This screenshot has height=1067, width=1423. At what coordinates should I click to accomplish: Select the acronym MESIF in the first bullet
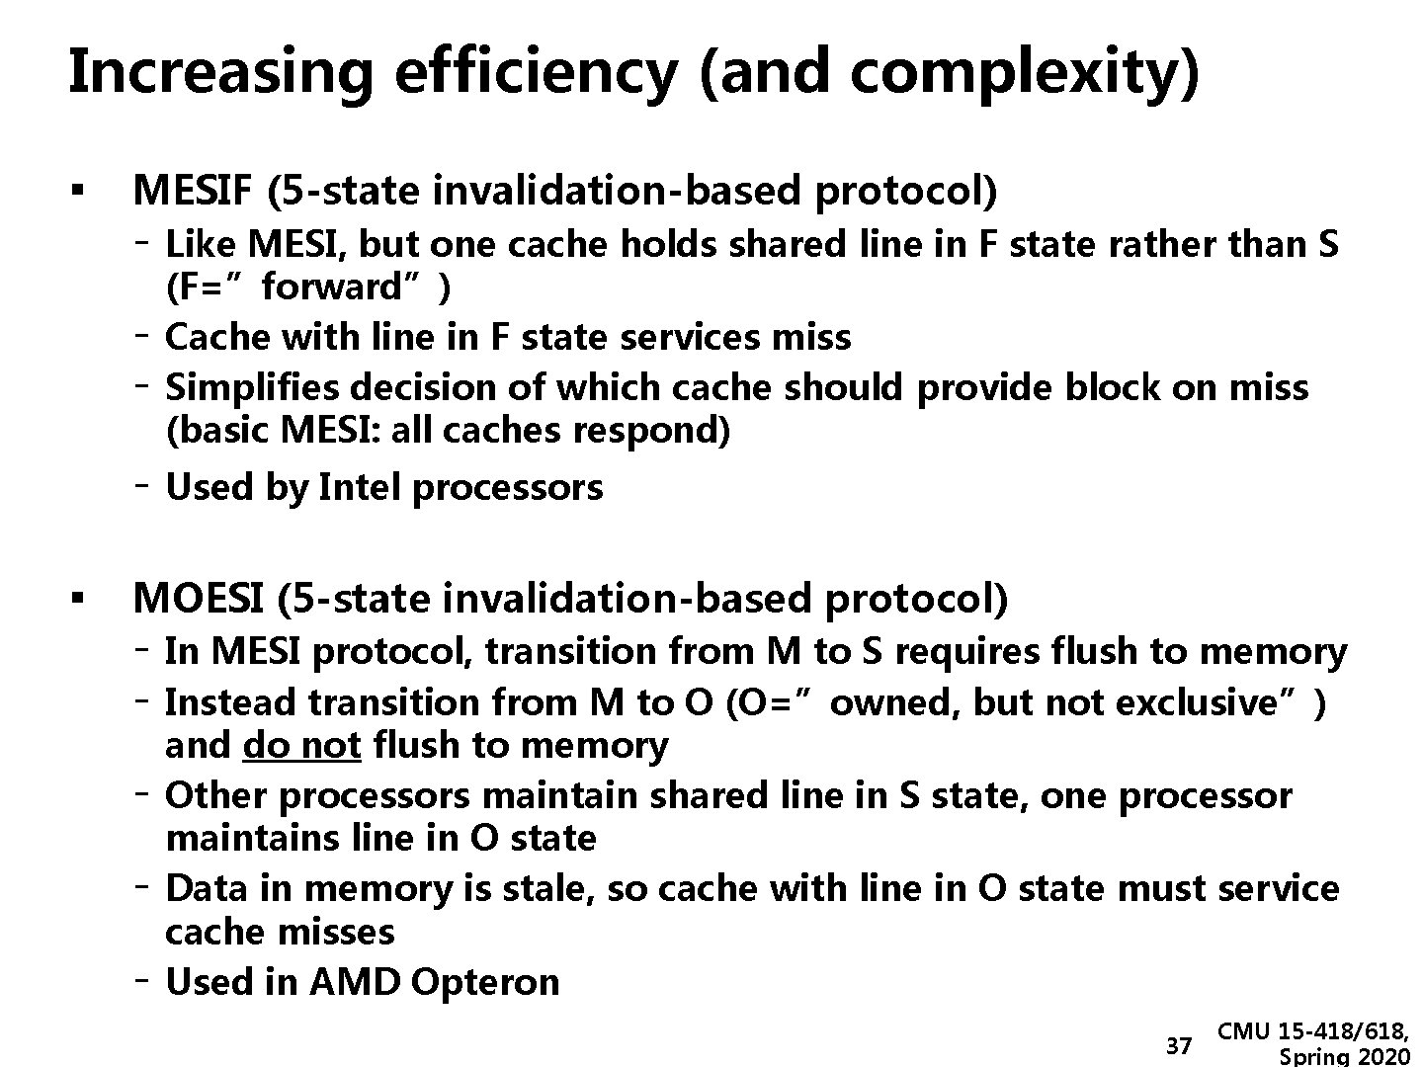193,190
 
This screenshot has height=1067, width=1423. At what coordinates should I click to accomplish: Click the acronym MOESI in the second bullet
198,599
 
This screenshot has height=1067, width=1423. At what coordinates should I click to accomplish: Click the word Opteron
485,982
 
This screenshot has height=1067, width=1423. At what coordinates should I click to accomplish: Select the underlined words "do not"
301,745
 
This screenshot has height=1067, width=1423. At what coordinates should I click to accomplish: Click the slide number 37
1179,1045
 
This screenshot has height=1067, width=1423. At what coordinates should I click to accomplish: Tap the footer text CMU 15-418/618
1313,1032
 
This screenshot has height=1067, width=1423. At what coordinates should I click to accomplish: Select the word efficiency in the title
535,72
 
